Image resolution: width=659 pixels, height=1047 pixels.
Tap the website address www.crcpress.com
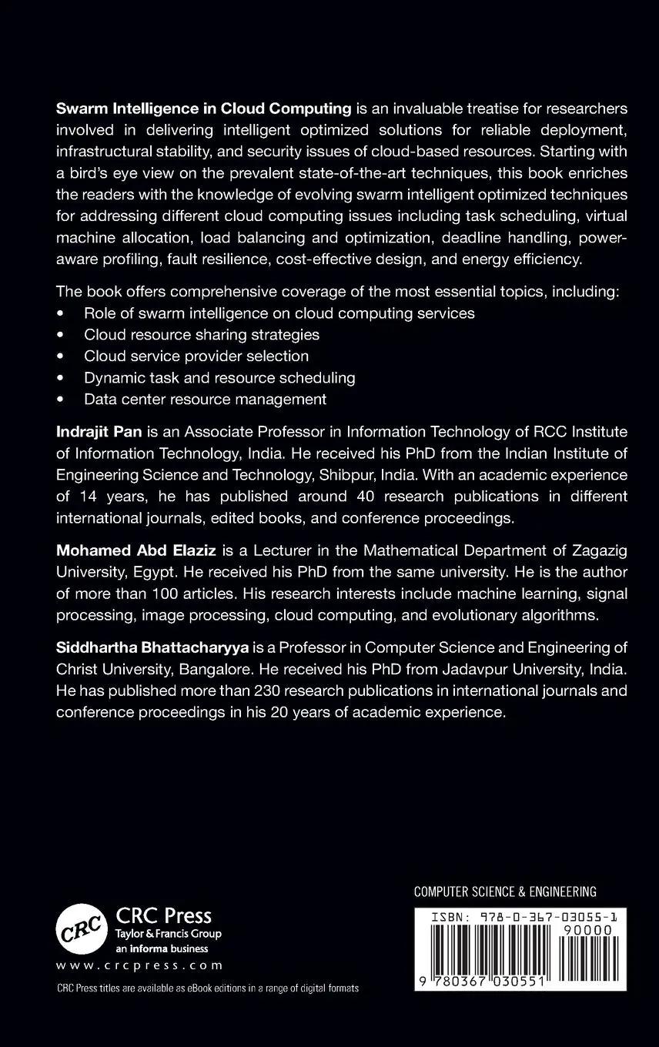coord(139,965)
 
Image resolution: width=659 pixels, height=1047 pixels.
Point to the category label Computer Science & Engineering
coord(505,891)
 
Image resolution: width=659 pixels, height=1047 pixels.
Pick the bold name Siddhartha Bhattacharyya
coord(147,647)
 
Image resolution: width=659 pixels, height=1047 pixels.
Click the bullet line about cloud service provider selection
coord(196,356)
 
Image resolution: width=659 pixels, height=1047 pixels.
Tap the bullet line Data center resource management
coord(205,399)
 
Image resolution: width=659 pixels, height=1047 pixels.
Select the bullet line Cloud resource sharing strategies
coord(202,334)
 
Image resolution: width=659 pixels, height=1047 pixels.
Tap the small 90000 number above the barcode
coord(587,929)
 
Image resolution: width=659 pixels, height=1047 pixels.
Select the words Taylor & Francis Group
coord(168,934)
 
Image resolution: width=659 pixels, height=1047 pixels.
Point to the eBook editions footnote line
coord(208,988)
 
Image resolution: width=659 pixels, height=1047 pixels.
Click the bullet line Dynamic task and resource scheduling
coord(219,377)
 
